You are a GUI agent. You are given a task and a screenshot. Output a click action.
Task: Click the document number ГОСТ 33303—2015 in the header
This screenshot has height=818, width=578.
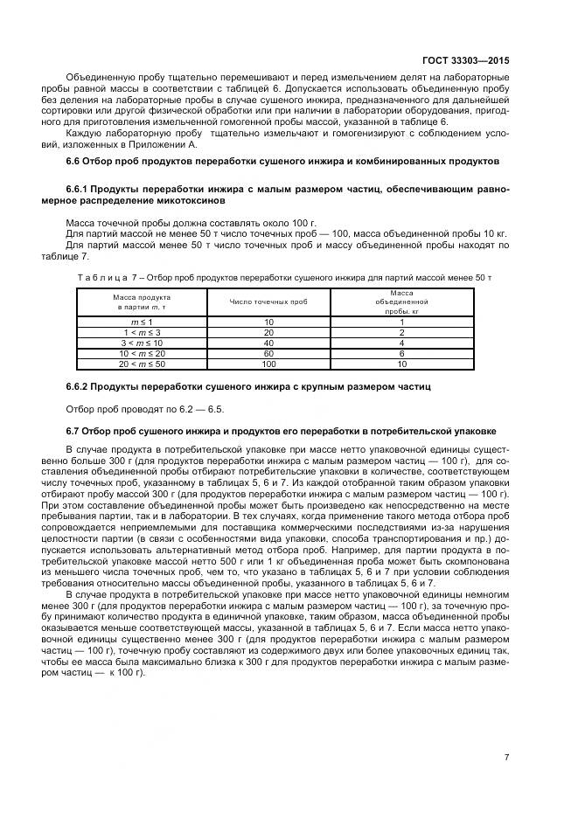point(464,61)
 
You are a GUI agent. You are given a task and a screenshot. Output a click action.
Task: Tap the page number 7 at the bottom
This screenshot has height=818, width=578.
point(506,757)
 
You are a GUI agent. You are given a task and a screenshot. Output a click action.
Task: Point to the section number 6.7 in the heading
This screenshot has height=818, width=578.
point(73,431)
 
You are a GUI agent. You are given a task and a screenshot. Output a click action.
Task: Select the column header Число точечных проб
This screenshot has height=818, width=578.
point(268,302)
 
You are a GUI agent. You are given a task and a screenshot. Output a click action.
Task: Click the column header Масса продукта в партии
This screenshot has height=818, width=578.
point(141,302)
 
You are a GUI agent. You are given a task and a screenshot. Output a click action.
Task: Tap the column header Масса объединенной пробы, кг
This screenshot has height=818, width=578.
point(401,302)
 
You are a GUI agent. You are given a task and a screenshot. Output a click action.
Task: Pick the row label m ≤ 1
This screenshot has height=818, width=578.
point(141,322)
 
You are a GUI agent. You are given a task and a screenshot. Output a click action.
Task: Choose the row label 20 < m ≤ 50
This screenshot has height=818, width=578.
point(141,363)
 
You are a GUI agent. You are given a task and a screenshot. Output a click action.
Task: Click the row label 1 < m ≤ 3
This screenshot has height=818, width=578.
point(141,333)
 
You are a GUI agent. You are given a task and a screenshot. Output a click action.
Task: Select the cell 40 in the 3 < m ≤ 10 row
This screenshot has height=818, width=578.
point(268,343)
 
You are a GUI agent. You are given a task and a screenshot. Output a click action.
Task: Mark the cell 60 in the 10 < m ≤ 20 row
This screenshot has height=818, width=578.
point(268,353)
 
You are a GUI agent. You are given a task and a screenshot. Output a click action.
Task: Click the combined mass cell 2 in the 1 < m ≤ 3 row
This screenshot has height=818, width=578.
point(401,333)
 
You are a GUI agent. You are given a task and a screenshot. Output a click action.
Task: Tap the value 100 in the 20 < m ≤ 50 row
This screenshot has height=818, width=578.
point(268,363)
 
